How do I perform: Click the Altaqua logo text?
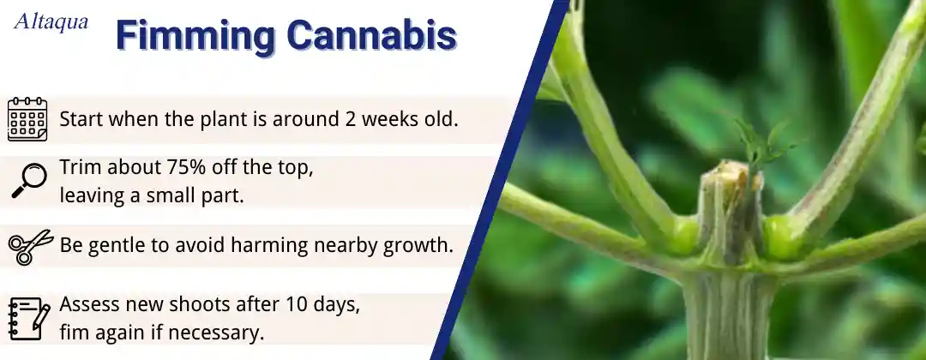pos(51,21)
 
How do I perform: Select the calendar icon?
pos(27,119)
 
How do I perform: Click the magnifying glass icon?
pos(29,180)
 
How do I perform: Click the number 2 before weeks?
pos(349,119)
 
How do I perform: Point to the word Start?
pos(81,119)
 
